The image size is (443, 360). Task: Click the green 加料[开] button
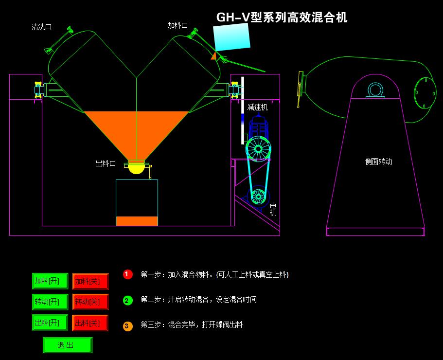click(x=50, y=281)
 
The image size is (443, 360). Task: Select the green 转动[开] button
click(x=50, y=302)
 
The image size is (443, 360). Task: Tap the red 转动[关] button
click(x=90, y=302)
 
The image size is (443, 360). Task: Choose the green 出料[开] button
click(x=50, y=323)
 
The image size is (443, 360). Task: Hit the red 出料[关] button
click(x=90, y=323)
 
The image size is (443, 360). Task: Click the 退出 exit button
click(x=67, y=345)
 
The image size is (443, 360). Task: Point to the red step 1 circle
click(x=127, y=274)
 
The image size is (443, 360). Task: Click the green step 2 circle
click(x=127, y=300)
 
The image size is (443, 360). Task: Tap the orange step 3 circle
click(x=127, y=326)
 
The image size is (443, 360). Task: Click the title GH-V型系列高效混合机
click(x=282, y=18)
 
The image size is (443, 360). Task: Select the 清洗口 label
click(x=41, y=27)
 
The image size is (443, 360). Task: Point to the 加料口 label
click(x=177, y=25)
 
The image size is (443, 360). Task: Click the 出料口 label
click(x=106, y=164)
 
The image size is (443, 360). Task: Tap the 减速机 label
click(x=257, y=107)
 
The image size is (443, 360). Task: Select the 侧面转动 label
click(x=378, y=162)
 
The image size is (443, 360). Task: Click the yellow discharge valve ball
click(x=136, y=168)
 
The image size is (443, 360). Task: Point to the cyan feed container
click(x=232, y=37)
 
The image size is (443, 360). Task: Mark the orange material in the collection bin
click(x=137, y=221)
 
